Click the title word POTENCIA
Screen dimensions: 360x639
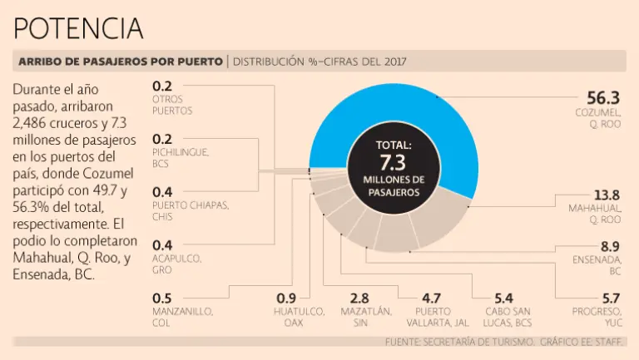click(x=79, y=28)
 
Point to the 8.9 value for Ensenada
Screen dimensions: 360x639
click(x=609, y=246)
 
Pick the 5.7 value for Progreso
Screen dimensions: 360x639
click(x=609, y=298)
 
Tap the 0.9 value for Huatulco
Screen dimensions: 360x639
click(x=287, y=298)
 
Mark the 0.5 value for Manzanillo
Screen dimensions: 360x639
click(x=161, y=298)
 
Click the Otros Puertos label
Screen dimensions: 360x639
click(x=172, y=105)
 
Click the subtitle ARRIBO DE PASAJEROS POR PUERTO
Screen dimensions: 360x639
click(x=120, y=62)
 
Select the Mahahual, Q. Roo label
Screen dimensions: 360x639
click(x=596, y=214)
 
